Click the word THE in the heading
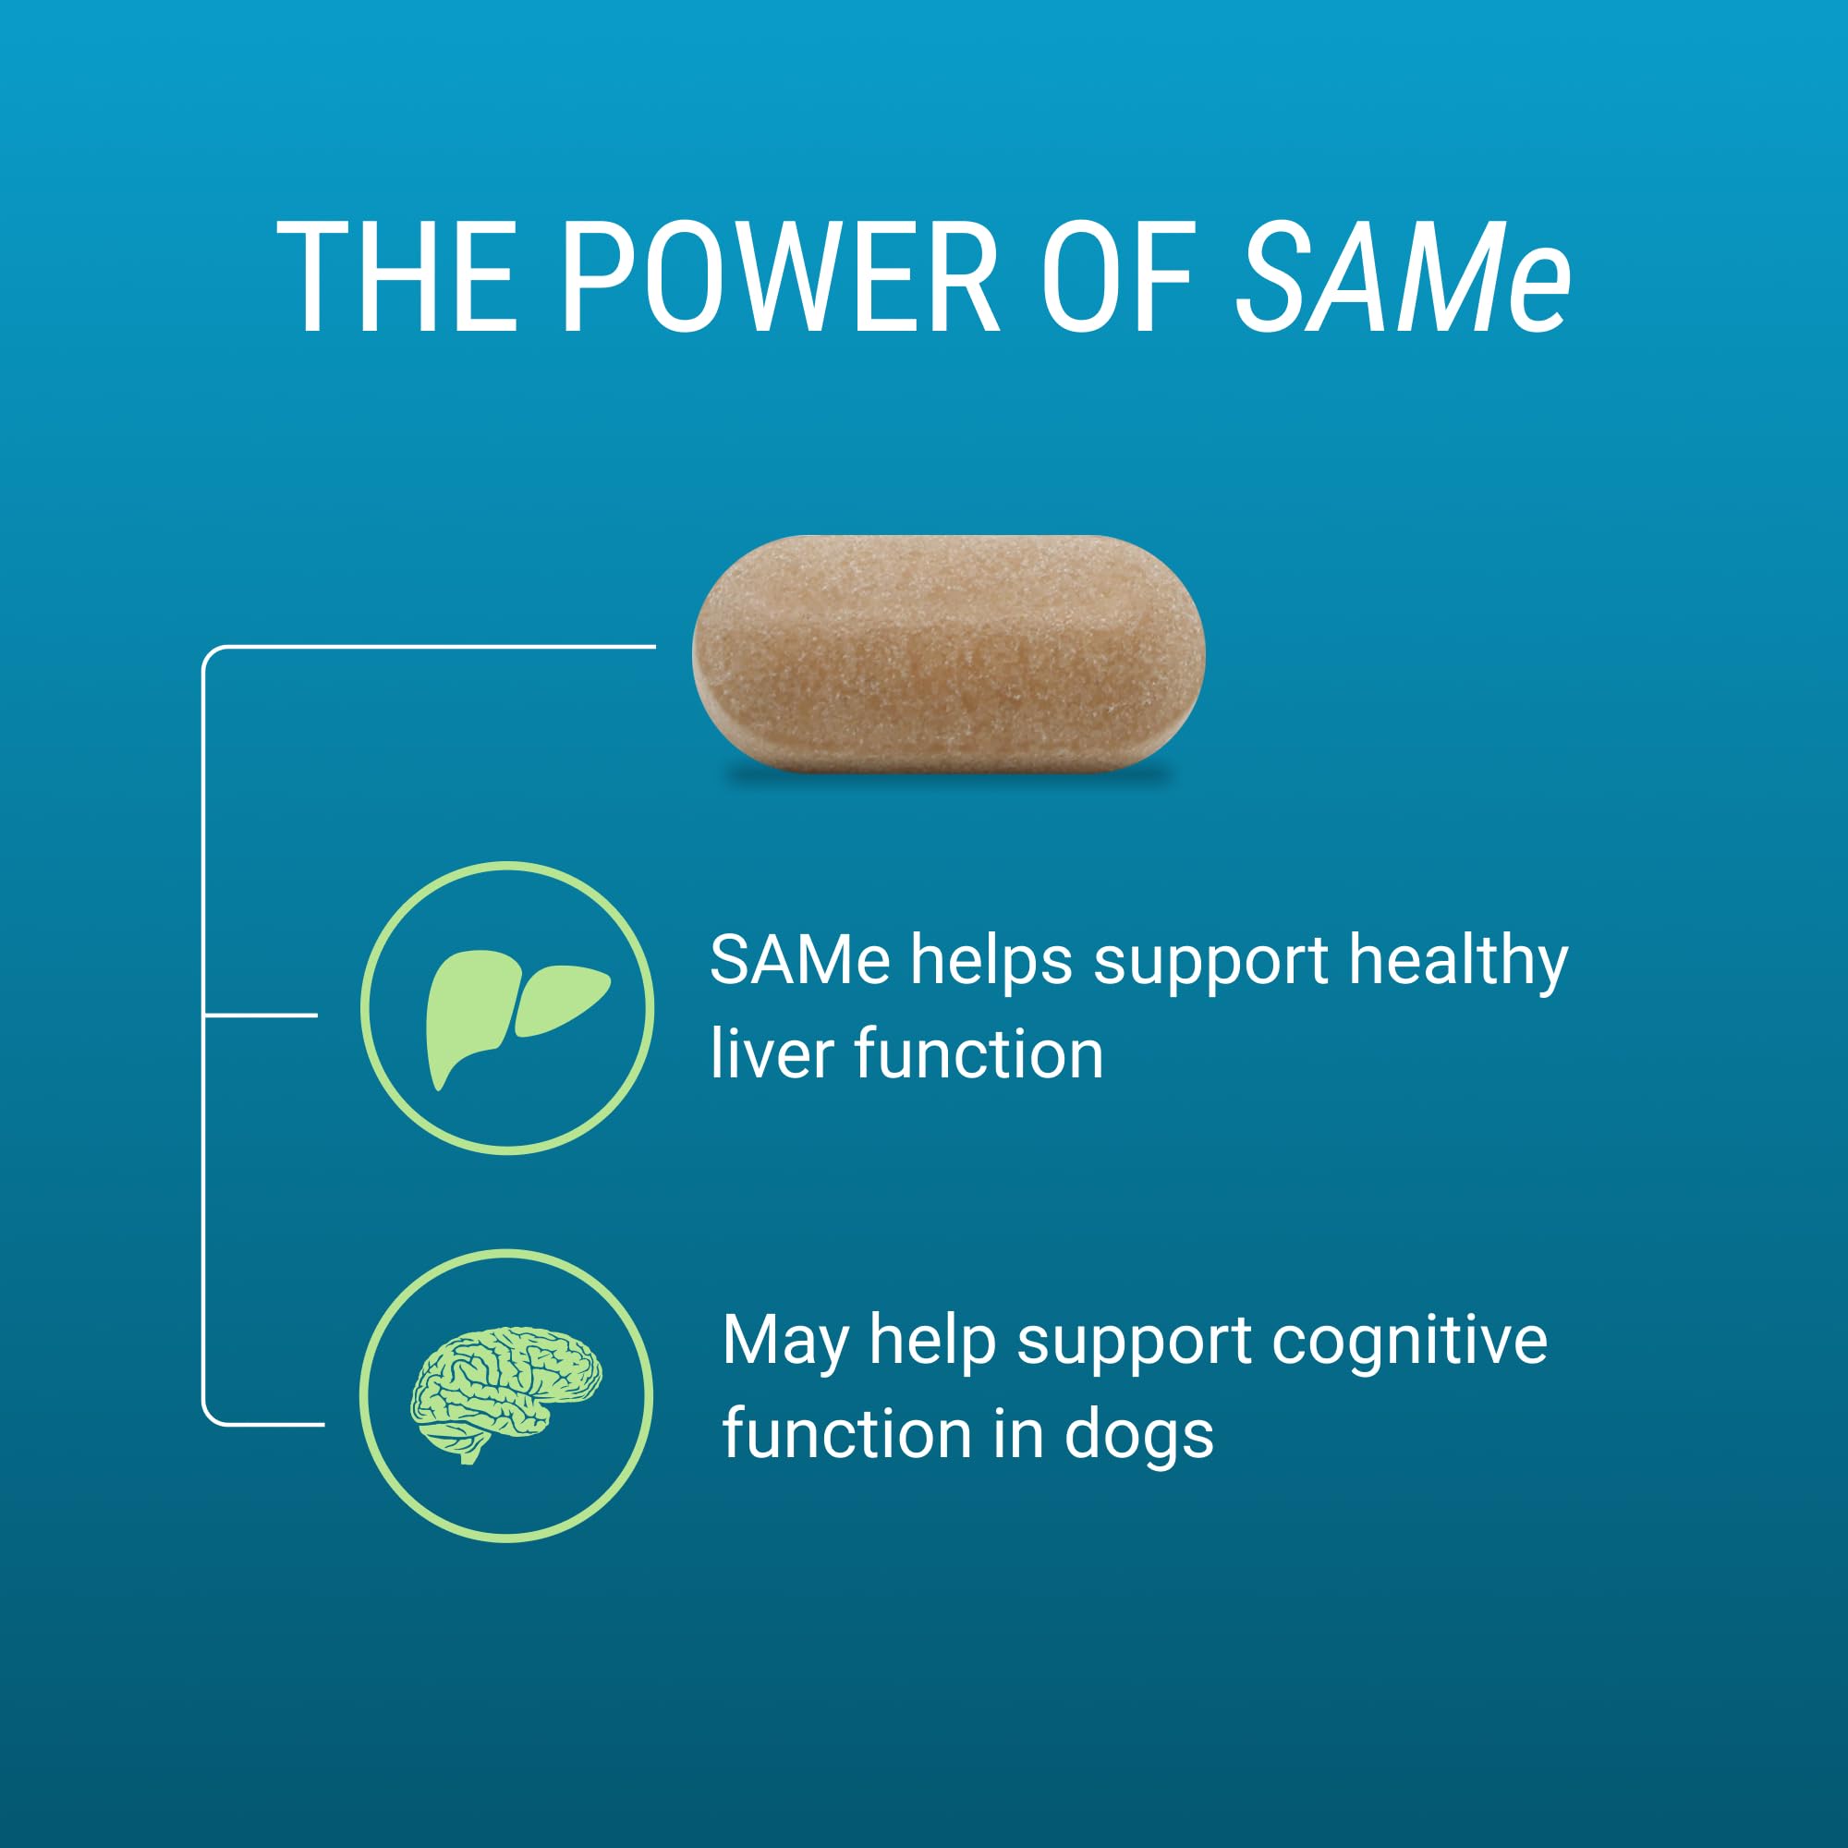[397, 276]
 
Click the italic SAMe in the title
[1403, 276]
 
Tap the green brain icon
[506, 1394]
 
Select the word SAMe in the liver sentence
[799, 960]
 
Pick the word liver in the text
[771, 1054]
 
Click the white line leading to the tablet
[430, 647]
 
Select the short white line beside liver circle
[261, 1014]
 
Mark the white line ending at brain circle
[264, 1423]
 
